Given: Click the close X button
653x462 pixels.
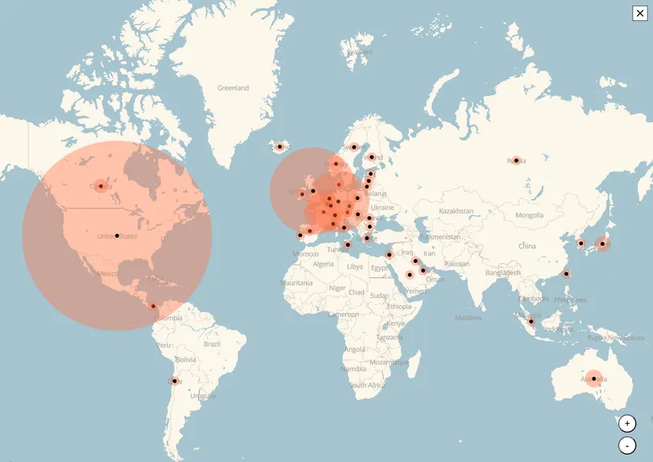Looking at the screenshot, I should (x=640, y=12).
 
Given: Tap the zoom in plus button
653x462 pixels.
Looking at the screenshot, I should (x=627, y=423).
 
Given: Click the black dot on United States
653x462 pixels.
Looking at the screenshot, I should (x=117, y=235).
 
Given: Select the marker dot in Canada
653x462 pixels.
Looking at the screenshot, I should (x=101, y=186).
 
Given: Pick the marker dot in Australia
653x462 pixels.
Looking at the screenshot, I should (x=594, y=379).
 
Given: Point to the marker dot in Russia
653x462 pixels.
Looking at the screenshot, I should (x=516, y=160).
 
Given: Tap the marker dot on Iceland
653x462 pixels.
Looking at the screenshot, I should (x=280, y=146).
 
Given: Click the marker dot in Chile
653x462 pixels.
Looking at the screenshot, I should (x=175, y=380).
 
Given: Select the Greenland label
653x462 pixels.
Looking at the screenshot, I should (x=233, y=87).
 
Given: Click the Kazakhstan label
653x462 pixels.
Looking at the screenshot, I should (x=456, y=211).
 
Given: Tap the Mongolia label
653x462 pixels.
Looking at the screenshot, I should (x=529, y=215).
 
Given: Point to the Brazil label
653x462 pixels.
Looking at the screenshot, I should (x=213, y=344).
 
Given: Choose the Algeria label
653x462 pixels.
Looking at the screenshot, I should (x=323, y=265).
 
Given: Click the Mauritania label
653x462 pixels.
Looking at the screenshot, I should (x=297, y=283).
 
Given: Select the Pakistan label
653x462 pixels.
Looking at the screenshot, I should (x=457, y=265).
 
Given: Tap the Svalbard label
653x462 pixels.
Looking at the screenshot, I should (x=360, y=52).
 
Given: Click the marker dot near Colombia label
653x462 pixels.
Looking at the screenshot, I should (x=154, y=306).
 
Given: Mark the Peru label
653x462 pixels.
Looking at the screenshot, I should (x=164, y=345).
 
